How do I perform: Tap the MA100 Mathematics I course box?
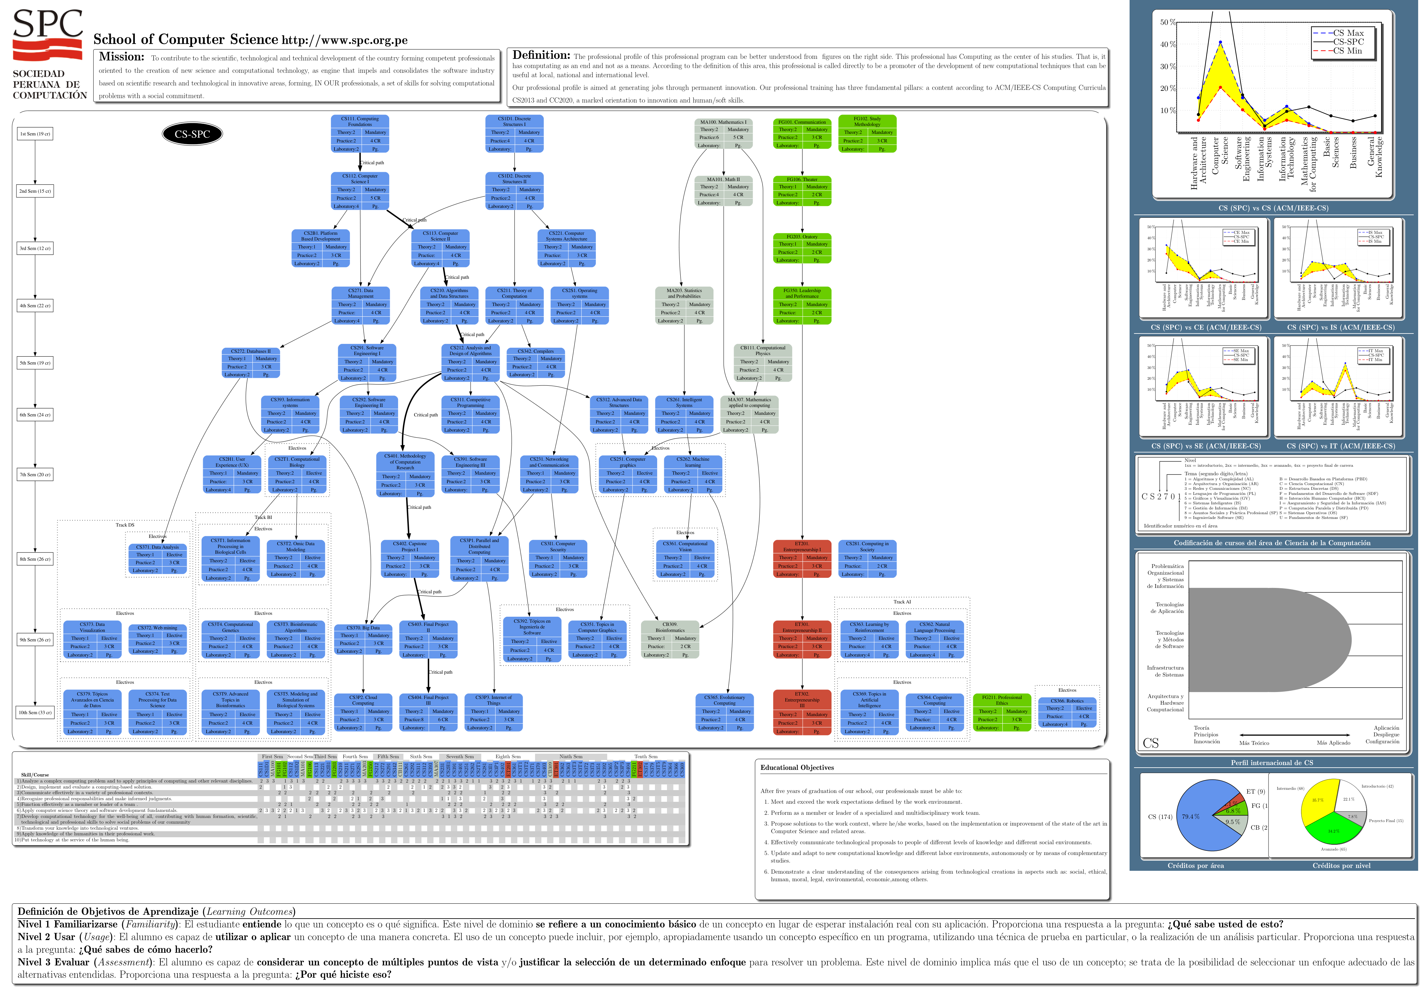tap(723, 134)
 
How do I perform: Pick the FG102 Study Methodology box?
tap(866, 134)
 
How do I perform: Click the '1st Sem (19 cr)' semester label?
tap(35, 134)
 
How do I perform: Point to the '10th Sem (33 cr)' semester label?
tap(35, 713)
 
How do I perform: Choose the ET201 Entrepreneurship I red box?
tap(802, 559)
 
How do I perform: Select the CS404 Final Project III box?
tap(428, 713)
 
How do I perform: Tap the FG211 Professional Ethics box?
tap(1002, 713)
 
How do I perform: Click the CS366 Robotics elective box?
tap(1067, 713)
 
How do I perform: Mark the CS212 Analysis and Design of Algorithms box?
tap(471, 363)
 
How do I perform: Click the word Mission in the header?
tap(121, 57)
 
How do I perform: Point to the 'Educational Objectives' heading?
tap(797, 768)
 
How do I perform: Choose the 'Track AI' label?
tap(902, 602)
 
